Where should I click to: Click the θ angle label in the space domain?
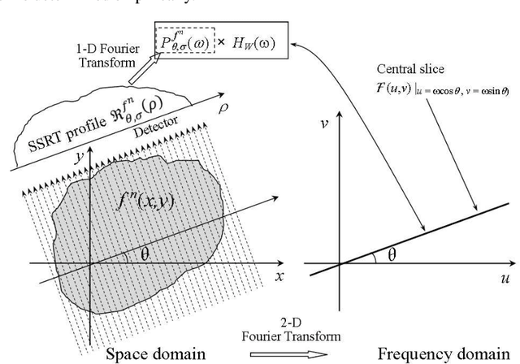point(145,253)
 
